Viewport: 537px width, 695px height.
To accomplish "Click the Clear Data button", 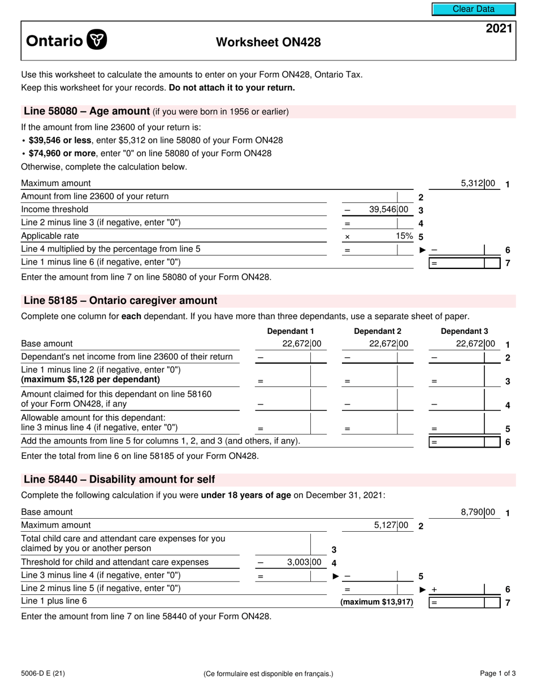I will tap(474, 9).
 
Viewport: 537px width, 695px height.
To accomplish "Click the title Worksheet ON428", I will tap(268, 42).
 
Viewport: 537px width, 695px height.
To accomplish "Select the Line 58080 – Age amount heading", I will tap(86, 111).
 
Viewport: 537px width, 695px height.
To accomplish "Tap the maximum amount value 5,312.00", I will tap(478, 184).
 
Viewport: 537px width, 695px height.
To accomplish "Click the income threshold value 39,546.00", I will tap(388, 210).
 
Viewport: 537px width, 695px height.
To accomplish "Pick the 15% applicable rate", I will tap(404, 236).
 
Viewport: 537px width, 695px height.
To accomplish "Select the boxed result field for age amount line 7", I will tap(465, 263).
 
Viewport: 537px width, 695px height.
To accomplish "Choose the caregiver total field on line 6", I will tap(465, 442).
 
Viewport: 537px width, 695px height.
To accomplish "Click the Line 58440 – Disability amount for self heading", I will tap(119, 480).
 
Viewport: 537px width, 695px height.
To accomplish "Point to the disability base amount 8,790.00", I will tap(478, 512).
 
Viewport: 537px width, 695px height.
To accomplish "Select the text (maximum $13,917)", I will tap(376, 602).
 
